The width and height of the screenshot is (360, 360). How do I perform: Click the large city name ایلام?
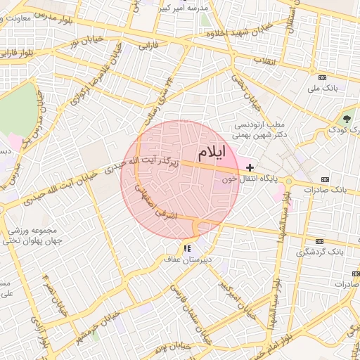tap(214, 152)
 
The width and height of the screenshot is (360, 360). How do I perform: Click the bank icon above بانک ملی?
tap(323, 77)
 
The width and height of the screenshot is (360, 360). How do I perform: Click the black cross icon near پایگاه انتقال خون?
tap(250, 167)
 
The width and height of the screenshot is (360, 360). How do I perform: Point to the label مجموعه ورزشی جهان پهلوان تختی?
tap(35, 235)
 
